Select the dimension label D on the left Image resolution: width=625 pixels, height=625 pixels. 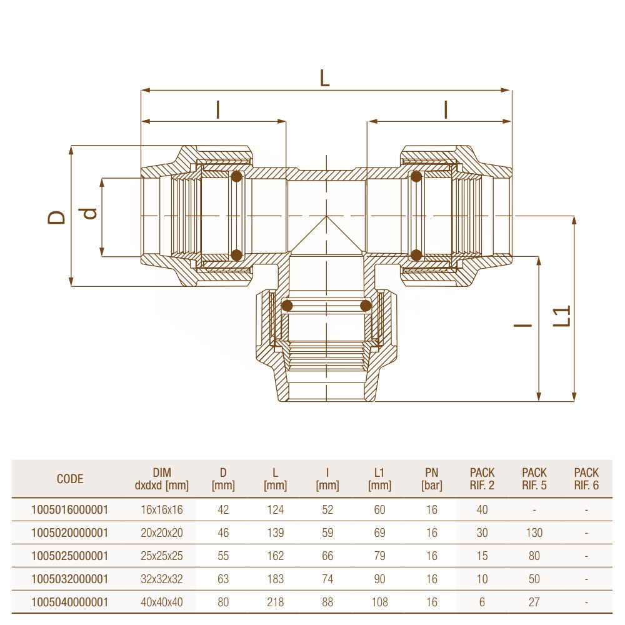coord(57,217)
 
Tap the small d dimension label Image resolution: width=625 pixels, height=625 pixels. coord(90,213)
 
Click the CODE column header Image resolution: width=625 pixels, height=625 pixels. coord(70,479)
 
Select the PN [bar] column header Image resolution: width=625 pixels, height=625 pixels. coord(431,479)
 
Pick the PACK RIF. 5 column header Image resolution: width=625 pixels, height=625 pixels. coord(534,479)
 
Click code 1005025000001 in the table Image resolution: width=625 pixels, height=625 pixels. coord(70,556)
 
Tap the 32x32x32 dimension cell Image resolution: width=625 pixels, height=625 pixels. coord(162,579)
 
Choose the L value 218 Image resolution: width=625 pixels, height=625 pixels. coord(275,602)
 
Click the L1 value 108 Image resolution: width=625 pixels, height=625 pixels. coord(379,602)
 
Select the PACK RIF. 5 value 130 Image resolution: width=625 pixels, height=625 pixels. coord(534,533)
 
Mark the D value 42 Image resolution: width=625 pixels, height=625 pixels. coord(223,510)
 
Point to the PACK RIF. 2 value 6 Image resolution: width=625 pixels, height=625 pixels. coord(482,602)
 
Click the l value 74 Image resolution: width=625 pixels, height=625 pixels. coord(327,579)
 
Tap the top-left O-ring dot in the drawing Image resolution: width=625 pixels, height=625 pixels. coord(236,177)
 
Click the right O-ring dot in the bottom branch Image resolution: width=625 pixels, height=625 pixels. coord(366,306)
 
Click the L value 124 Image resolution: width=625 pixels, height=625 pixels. coord(275,510)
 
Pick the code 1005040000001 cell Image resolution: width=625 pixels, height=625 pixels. coord(70,602)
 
